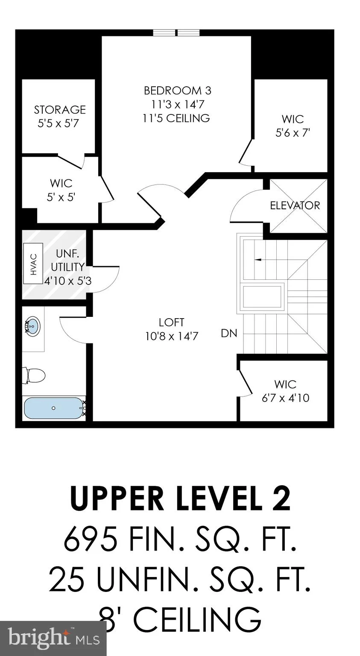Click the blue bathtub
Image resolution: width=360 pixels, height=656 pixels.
(54, 408)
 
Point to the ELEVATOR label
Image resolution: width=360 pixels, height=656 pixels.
(295, 205)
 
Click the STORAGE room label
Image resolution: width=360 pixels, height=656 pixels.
(60, 110)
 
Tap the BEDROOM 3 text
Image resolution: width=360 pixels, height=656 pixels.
(178, 91)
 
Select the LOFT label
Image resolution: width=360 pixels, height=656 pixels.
(172, 322)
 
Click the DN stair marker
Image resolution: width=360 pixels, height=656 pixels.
(229, 333)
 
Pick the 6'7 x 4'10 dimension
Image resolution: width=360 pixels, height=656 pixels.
(286, 398)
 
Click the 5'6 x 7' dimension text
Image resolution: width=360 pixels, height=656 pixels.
(293, 133)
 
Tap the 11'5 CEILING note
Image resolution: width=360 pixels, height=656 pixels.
(176, 118)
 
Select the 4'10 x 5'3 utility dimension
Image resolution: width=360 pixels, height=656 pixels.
(68, 281)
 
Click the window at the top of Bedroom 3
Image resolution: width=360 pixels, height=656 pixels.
(177, 32)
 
